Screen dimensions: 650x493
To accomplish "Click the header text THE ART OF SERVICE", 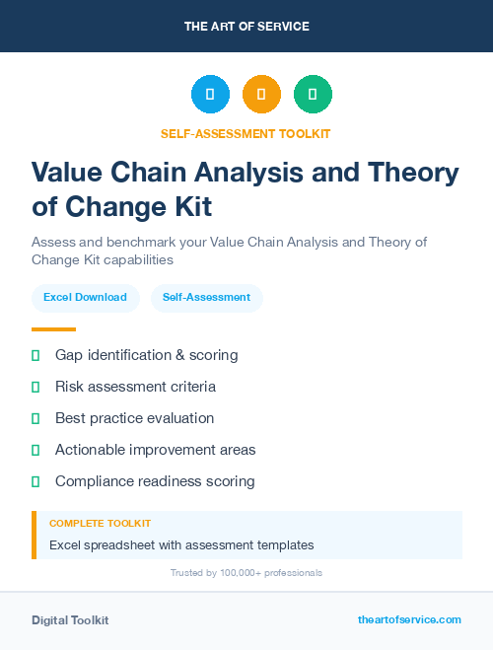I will click(x=246, y=27).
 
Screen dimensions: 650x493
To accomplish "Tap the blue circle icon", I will click(x=210, y=95).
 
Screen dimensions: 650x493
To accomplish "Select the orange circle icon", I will click(x=261, y=95).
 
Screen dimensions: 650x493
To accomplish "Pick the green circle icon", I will click(x=313, y=95).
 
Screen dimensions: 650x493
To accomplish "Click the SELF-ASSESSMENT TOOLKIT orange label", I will click(x=246, y=133).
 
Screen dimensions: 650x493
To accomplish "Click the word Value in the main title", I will click(x=67, y=174).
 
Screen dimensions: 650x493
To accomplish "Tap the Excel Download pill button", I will click(x=85, y=297).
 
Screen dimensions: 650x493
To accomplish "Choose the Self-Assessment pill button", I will click(x=206, y=297).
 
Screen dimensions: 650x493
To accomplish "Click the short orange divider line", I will click(x=53, y=329).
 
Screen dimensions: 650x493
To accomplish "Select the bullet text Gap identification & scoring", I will click(x=146, y=355).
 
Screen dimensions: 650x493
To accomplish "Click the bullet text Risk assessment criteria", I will click(x=135, y=387).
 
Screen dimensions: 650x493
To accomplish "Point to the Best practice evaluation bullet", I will click(x=134, y=418).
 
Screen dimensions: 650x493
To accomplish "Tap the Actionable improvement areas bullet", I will click(x=155, y=450).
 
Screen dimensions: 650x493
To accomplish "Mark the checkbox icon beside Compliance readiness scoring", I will click(x=35, y=481).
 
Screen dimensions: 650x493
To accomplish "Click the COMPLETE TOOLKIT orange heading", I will click(x=100, y=523).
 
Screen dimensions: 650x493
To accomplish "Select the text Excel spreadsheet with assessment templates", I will click(x=181, y=544).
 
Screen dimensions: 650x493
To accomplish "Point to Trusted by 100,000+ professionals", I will click(x=246, y=572).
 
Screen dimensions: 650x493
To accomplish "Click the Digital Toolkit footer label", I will click(x=70, y=620).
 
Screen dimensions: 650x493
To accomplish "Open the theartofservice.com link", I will click(x=409, y=619).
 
